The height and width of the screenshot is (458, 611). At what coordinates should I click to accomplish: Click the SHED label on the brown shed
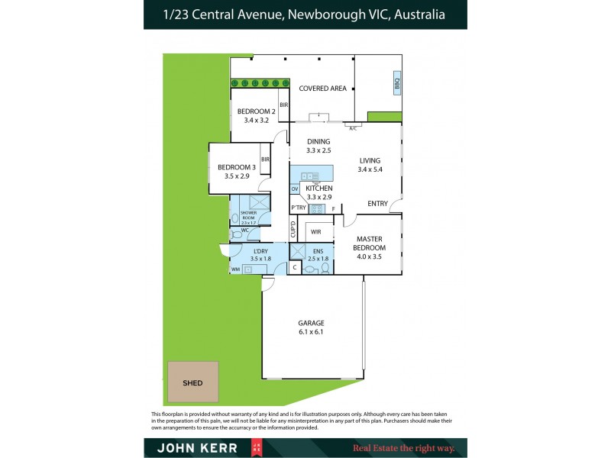tap(192, 382)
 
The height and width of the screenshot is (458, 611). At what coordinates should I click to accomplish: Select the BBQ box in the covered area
tap(396, 83)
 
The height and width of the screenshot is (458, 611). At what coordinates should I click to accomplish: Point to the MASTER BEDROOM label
tap(370, 244)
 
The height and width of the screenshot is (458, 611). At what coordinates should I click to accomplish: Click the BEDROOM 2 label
tap(257, 111)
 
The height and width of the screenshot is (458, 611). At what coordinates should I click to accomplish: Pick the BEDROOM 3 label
tap(237, 167)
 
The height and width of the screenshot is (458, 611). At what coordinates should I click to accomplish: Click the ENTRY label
tap(377, 203)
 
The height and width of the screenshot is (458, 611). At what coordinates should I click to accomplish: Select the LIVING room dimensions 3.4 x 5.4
tap(370, 169)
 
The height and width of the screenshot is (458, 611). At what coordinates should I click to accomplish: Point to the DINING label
tap(318, 141)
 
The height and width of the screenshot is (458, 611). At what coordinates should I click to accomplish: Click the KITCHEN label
tap(318, 188)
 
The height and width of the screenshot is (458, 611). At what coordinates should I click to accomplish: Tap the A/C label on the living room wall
tap(353, 128)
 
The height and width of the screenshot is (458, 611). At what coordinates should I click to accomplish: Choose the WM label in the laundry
tap(235, 269)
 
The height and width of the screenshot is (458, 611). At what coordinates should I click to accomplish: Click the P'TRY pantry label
tap(298, 208)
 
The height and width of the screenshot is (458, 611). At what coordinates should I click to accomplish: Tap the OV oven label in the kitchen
tap(295, 189)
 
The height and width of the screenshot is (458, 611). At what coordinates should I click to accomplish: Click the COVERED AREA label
tap(322, 89)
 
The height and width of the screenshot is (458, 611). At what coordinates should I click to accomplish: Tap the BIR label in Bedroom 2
tap(283, 105)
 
